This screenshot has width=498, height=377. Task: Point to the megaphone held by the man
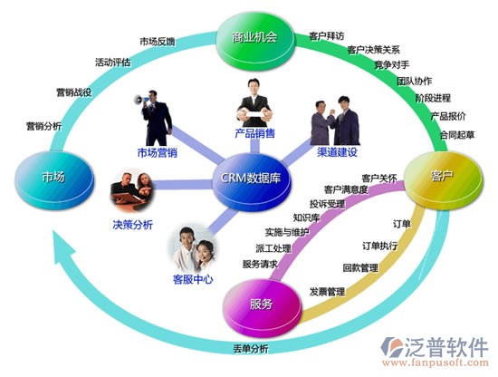[141, 100]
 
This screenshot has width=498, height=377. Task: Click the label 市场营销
[158, 153]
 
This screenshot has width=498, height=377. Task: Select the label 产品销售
[254, 133]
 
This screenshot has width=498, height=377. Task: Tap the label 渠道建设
[338, 152]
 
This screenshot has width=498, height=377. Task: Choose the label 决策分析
[133, 225]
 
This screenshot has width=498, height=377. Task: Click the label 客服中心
[193, 280]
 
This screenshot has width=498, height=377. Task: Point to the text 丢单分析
[251, 349]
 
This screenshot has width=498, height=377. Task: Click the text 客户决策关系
[373, 50]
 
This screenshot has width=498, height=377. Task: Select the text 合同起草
[457, 135]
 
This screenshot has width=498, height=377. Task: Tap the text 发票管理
[327, 292]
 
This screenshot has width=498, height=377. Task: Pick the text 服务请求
[261, 264]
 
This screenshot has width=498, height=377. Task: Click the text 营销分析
[43, 126]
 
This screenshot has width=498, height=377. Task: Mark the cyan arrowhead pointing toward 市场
[62, 248]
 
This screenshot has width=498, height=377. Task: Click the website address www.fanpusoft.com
[436, 362]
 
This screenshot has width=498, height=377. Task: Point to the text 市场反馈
[158, 42]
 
